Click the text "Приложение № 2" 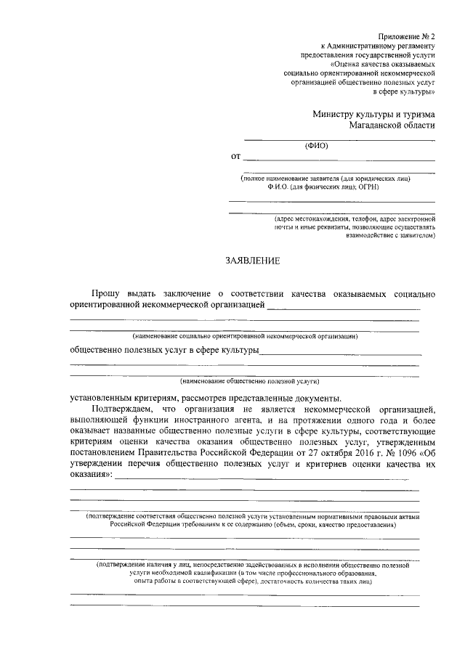(407, 36)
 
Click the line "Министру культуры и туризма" (374, 114)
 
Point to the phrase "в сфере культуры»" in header (404, 92)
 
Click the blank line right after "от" (339, 158)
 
